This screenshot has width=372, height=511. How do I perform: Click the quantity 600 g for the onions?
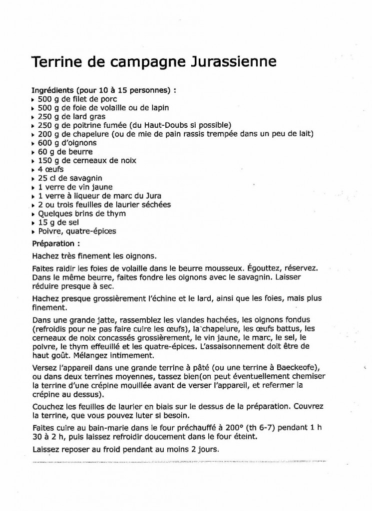pos(48,143)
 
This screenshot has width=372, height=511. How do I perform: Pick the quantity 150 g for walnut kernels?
pos(48,161)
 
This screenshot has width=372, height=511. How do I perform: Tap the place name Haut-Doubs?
pos(167,125)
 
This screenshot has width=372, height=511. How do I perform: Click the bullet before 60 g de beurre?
pos(33,152)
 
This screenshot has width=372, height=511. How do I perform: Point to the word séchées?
pos(154,205)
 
